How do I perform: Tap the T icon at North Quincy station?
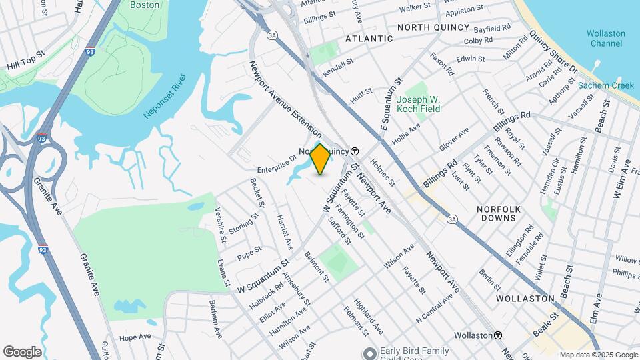click(x=355, y=151)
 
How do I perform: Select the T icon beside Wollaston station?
click(x=498, y=335)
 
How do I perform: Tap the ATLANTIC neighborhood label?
click(x=369, y=39)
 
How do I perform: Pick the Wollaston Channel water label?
click(x=607, y=39)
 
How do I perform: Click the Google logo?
click(x=21, y=352)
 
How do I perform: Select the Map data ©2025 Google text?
click(x=598, y=355)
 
